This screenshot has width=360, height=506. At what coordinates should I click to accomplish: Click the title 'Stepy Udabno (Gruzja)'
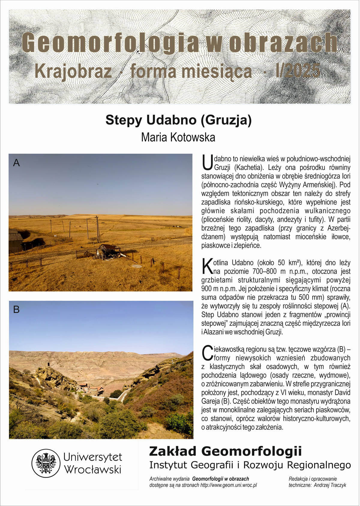[x=178, y=120]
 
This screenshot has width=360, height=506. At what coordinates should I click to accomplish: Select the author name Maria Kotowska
[x=178, y=137]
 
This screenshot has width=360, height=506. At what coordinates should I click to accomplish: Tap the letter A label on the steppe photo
[x=16, y=163]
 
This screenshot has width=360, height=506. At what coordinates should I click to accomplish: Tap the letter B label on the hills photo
[x=16, y=309]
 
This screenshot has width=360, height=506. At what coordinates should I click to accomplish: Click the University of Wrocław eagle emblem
[x=46, y=463]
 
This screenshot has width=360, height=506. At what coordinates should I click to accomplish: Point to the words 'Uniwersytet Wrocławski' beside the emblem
[x=93, y=463]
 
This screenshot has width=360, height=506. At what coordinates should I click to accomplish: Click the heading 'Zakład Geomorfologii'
[x=225, y=451]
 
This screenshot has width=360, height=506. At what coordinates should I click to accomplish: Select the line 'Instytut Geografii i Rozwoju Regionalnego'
[x=250, y=465]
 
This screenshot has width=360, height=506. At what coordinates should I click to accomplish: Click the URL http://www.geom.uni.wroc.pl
[x=229, y=485]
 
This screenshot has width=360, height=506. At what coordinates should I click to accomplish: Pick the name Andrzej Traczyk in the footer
[x=330, y=485]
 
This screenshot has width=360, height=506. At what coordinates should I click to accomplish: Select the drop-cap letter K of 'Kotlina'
[x=207, y=266]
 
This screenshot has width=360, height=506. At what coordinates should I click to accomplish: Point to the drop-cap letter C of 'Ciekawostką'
[x=207, y=353]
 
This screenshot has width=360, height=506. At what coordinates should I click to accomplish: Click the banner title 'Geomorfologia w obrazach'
[x=179, y=43]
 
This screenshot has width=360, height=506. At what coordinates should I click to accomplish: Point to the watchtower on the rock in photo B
[x=48, y=365]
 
